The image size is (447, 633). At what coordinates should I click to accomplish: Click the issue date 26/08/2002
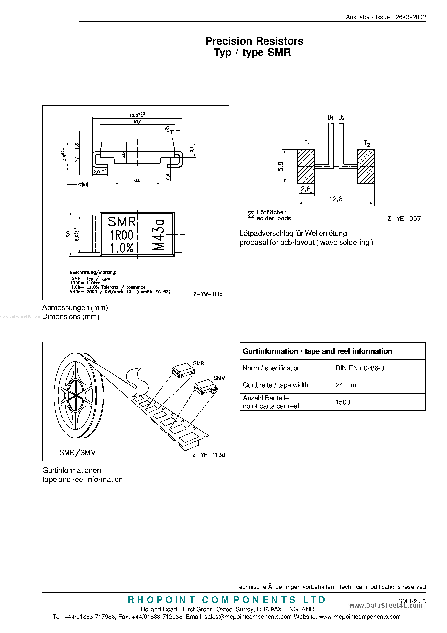tap(411, 17)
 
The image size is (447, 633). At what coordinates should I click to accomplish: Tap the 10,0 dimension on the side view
tap(137, 122)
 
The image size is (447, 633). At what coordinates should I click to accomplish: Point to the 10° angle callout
tap(167, 128)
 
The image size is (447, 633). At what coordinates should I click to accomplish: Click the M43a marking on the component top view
tap(158, 235)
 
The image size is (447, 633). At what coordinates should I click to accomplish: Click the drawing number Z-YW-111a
tap(207, 294)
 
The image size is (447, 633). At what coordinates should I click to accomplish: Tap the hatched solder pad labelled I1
tap(306, 166)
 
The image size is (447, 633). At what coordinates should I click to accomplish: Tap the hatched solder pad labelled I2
tap(366, 166)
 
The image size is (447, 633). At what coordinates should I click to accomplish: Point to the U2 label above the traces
tap(341, 118)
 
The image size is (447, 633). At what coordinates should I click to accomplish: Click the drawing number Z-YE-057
tap(404, 219)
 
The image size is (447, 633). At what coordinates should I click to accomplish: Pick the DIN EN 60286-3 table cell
tap(360, 368)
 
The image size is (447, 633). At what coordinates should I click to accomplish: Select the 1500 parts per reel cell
tap(342, 402)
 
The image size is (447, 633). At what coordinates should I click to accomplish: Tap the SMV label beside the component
tap(219, 378)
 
